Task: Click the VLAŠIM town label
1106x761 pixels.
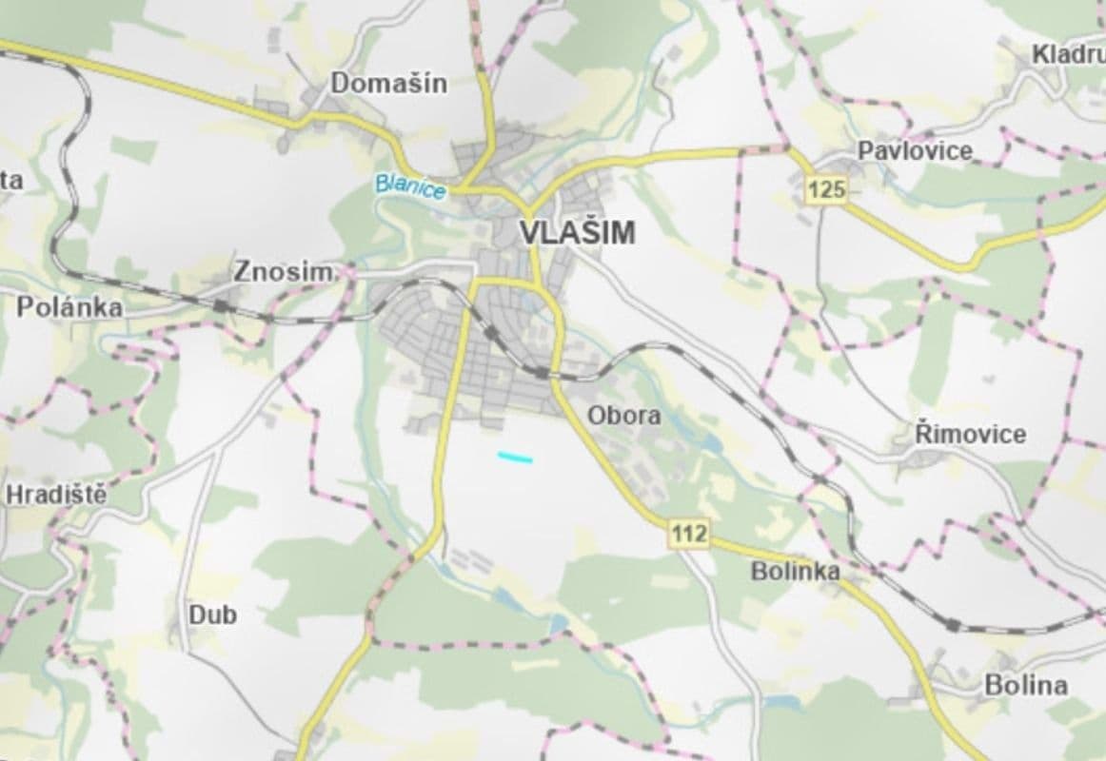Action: pyautogui.click(x=578, y=233)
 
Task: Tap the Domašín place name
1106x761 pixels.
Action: pyautogui.click(x=388, y=84)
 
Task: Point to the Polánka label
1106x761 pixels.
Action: pyautogui.click(x=69, y=308)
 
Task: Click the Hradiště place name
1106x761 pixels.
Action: pyautogui.click(x=56, y=495)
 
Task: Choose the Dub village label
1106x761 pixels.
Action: pyautogui.click(x=212, y=615)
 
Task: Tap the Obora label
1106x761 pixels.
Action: pyautogui.click(x=623, y=416)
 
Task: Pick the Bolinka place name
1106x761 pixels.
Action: pyautogui.click(x=795, y=571)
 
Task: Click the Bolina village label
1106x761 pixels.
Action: pyautogui.click(x=1025, y=685)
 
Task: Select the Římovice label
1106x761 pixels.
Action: pyautogui.click(x=970, y=435)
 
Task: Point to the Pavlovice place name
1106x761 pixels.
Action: pyautogui.click(x=915, y=150)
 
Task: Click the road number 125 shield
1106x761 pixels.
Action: pyautogui.click(x=825, y=190)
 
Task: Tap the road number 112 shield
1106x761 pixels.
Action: pyautogui.click(x=688, y=535)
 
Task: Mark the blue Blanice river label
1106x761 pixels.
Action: pyautogui.click(x=410, y=185)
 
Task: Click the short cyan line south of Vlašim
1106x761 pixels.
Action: pyautogui.click(x=515, y=458)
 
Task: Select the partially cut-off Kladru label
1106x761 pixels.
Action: pyautogui.click(x=1068, y=55)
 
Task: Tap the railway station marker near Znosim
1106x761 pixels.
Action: pyautogui.click(x=221, y=305)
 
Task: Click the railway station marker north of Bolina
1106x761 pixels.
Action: pyautogui.click(x=953, y=624)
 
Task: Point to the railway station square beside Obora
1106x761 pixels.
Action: pyautogui.click(x=542, y=373)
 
